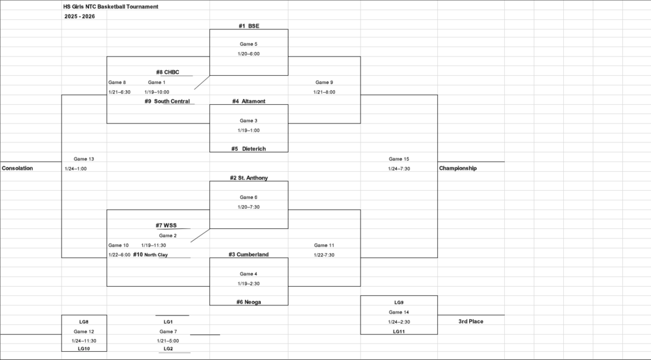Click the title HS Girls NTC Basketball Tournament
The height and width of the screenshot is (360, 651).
tap(111, 6)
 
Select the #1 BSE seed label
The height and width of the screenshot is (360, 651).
tap(249, 26)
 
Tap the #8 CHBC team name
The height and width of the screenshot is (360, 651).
tap(168, 73)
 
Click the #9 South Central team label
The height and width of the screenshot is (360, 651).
tap(167, 101)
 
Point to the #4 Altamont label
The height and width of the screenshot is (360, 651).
tap(249, 101)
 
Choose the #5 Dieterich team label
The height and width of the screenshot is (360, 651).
tap(249, 149)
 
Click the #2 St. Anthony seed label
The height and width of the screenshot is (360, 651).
tap(249, 178)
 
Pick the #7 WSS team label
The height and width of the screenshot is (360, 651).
tap(167, 225)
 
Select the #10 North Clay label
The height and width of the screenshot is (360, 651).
tap(151, 254)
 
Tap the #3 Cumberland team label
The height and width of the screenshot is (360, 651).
tap(249, 254)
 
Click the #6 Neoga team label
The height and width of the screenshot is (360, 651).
tap(249, 302)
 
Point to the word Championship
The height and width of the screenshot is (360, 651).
tap(458, 169)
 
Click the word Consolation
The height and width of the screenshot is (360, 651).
tap(17, 169)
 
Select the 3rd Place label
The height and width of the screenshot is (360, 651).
tap(470, 322)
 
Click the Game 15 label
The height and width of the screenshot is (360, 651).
tap(399, 159)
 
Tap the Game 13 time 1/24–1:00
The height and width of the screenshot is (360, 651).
tap(76, 169)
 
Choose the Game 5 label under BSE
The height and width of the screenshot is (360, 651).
tap(249, 44)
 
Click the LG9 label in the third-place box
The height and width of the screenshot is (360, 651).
tap(399, 302)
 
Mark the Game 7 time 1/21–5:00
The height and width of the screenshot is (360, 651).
tap(168, 341)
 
